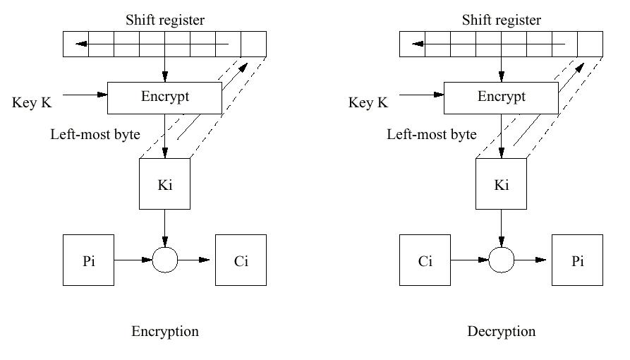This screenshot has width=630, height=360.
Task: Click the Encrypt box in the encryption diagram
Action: coord(164,97)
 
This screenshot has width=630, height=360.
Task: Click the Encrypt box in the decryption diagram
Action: coord(501,97)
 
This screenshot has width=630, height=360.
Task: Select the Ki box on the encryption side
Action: coord(164,184)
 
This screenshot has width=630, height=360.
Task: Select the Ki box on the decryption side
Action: coord(501,184)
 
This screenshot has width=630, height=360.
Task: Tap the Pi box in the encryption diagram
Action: coord(88,260)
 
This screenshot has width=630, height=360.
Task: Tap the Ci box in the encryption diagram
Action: coord(241,260)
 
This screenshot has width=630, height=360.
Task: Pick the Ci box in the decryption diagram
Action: coord(425,260)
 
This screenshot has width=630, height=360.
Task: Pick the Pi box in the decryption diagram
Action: coord(577,260)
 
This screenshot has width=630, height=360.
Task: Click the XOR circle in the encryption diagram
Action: coord(164,260)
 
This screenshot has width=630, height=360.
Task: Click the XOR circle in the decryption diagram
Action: coord(501,260)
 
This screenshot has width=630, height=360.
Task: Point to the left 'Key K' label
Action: coord(32,103)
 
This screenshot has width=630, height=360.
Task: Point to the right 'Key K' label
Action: coord(368,103)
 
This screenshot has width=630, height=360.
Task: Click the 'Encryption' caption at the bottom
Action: coord(165,331)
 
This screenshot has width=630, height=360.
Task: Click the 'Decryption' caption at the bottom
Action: coord(501,331)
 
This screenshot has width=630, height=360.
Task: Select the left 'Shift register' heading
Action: coord(165,20)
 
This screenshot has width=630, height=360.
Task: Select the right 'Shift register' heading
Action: coord(501,20)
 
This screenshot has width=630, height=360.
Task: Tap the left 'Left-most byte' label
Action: coord(95,134)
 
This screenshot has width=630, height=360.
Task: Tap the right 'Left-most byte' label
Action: coord(432,134)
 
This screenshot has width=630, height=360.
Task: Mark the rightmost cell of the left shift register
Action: coord(253,44)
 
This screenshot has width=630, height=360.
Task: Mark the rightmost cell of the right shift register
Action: coord(590,44)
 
